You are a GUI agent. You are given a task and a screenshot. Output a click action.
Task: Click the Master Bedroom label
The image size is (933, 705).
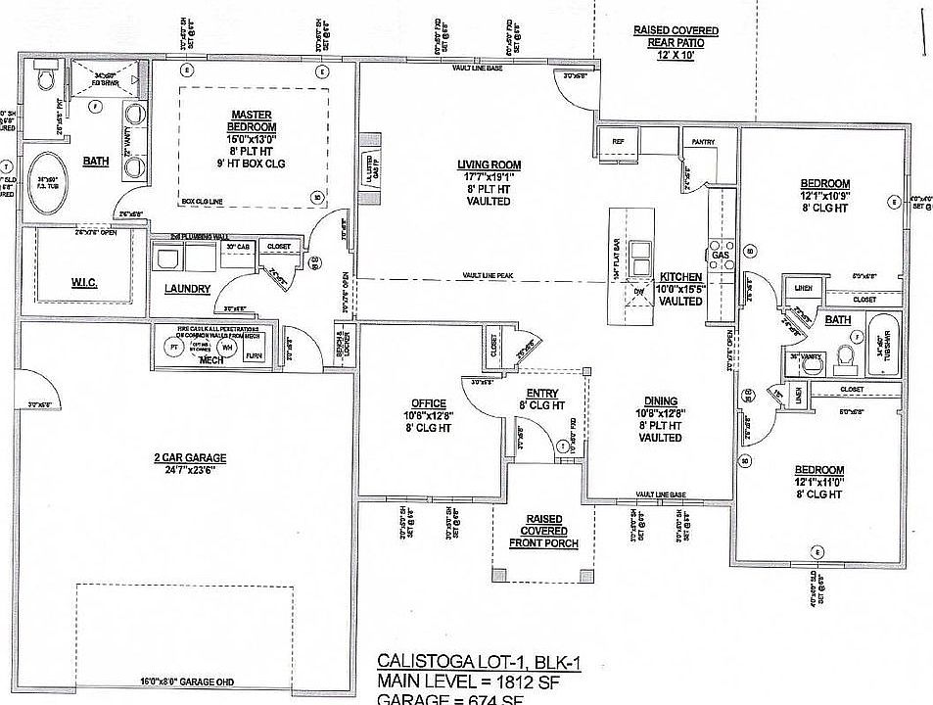pos(252,120)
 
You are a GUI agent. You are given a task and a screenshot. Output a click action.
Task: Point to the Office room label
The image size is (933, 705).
pos(429,403)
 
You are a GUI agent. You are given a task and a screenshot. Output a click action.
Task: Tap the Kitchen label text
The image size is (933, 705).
pos(681,277)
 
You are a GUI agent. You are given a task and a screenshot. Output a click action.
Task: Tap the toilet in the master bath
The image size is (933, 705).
pos(44,75)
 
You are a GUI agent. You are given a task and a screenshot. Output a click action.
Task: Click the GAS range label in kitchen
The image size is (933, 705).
pos(721,255)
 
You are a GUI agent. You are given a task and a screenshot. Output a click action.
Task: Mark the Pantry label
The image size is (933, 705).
pos(702,143)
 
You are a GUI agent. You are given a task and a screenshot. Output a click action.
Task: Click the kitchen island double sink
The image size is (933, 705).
pos(642,256)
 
